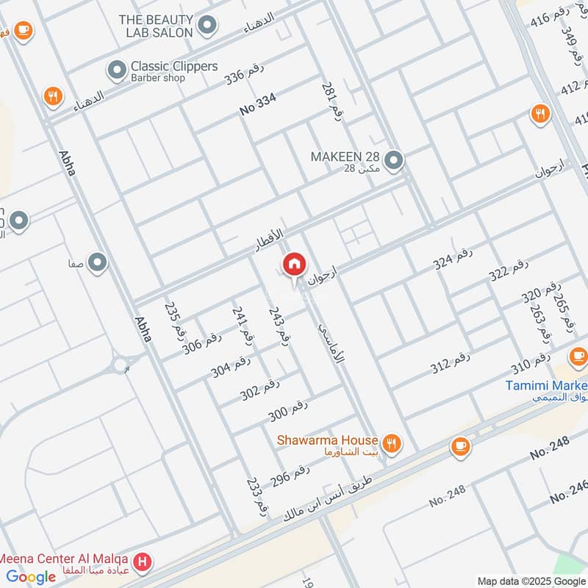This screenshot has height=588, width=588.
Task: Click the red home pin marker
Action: [294, 265]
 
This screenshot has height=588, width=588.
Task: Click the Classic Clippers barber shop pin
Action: [116, 71]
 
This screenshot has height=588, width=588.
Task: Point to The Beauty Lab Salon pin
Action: [207, 26]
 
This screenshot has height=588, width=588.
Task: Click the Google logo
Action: [31, 577]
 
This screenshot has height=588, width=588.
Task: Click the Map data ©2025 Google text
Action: [531, 581]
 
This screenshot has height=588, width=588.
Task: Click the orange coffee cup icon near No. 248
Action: [461, 446]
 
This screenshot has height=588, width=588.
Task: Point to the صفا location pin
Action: [97, 262]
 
